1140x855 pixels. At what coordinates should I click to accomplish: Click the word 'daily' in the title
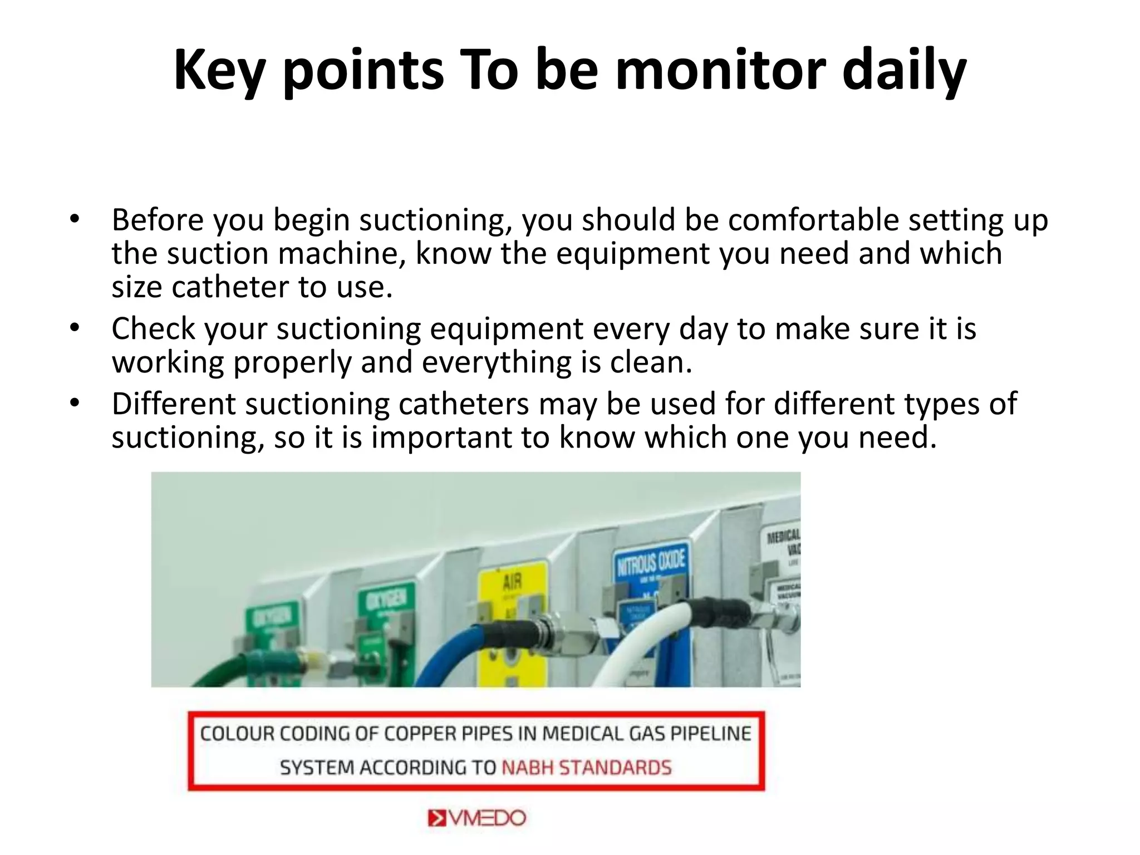[904, 70]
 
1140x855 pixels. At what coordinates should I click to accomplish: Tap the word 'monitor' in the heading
[720, 70]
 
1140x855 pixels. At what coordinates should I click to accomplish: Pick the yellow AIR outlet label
[513, 590]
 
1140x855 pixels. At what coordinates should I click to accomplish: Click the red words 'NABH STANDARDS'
[587, 768]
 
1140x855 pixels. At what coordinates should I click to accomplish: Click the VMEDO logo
[477, 818]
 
